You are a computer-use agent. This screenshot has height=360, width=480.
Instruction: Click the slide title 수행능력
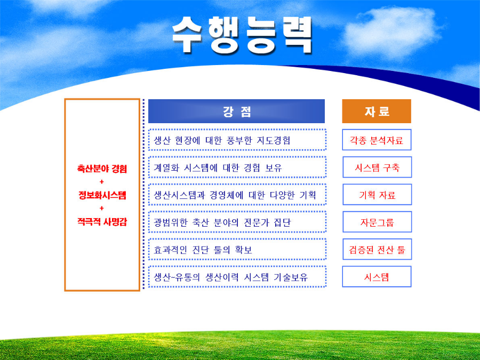click(x=242, y=35)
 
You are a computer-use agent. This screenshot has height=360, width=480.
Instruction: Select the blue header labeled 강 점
click(x=236, y=111)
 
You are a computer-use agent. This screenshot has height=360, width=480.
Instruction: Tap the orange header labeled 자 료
click(x=377, y=111)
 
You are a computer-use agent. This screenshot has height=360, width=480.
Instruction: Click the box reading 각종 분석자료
click(x=377, y=140)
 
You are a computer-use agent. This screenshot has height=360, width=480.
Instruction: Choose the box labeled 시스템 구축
click(x=377, y=167)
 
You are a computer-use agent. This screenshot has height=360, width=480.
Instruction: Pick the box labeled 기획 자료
click(x=377, y=194)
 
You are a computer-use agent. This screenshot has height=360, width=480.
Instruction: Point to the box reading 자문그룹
click(x=377, y=222)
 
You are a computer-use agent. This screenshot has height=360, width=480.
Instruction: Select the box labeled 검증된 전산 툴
click(x=377, y=249)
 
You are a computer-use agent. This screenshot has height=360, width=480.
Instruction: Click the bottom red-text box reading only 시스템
click(x=377, y=276)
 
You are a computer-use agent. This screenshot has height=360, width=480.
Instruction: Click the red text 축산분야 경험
click(x=102, y=169)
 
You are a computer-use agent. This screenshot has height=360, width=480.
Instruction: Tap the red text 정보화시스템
click(x=102, y=195)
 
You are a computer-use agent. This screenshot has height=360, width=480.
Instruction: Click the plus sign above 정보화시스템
click(x=102, y=182)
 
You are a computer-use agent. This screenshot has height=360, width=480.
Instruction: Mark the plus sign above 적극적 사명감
click(x=102, y=208)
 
